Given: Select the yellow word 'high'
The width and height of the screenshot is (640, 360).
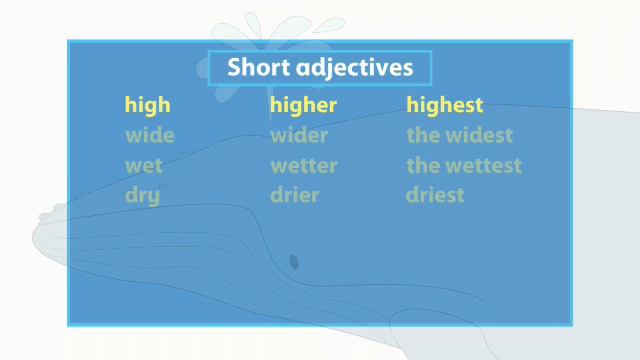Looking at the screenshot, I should pos(147,105).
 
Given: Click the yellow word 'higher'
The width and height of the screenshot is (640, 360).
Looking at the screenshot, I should pos(303,105).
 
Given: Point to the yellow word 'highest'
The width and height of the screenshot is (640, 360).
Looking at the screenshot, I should pos(445,105).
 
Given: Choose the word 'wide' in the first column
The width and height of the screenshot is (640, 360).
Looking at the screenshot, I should pos(149,135).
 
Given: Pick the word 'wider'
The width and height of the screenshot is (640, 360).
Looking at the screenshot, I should pos(298,135).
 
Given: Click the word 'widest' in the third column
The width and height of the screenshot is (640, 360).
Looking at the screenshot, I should pos(478,135).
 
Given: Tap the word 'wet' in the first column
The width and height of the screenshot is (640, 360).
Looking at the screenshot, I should pos(144,165).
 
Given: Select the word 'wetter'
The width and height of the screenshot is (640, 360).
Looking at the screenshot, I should pos(303,165).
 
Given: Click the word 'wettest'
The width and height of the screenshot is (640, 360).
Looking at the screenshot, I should pos(483,165).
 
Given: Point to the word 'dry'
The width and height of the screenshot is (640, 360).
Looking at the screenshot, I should pos(143,196).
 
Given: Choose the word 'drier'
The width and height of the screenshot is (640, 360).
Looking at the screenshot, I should pos(294,195).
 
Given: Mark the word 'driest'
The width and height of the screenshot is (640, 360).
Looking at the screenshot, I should pos(435,195).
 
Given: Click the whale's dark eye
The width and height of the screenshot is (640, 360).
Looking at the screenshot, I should pos(294,262).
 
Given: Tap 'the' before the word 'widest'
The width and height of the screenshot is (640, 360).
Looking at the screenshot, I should pos(421,135).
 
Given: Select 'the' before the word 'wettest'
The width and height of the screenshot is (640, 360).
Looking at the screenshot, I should pos(421,165).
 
